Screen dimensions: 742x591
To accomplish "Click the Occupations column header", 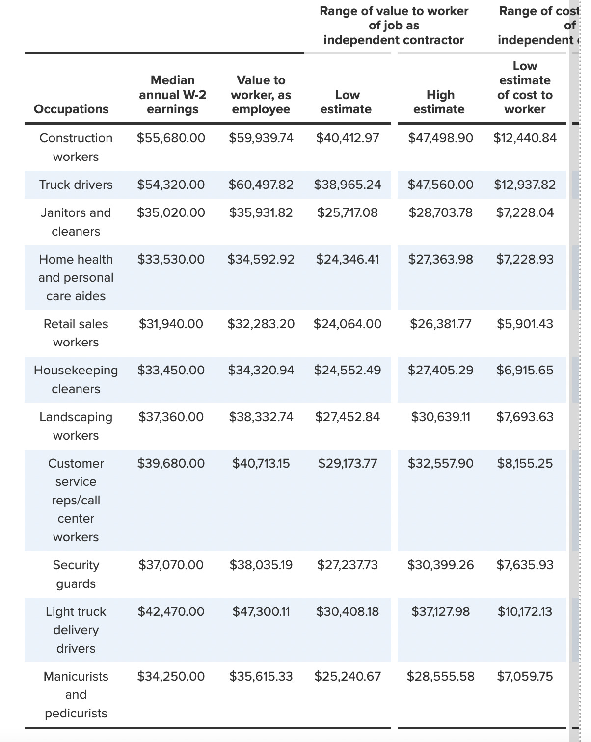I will click(71, 109).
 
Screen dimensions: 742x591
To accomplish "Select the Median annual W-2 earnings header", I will click(172, 95).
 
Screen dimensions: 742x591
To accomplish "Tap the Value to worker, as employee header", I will click(261, 95).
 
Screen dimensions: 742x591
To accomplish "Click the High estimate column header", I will click(439, 102).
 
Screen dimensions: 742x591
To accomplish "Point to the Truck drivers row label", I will click(76, 185).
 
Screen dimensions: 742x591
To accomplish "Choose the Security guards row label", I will click(76, 574).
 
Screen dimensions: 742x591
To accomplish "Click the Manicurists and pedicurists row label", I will click(76, 694).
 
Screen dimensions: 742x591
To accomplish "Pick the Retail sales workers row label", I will click(76, 333).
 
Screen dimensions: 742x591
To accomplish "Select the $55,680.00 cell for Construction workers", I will click(171, 138).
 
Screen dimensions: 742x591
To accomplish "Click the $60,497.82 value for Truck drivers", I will click(261, 185).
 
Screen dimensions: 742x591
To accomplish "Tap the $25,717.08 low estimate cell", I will click(348, 213).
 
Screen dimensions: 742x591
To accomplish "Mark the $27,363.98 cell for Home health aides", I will click(440, 259).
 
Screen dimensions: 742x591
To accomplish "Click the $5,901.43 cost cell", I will click(525, 324).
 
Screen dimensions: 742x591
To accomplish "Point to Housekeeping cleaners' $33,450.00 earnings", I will click(171, 371).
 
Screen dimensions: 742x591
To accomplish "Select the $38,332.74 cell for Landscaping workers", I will click(261, 417).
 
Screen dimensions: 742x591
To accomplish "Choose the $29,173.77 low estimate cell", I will click(348, 464).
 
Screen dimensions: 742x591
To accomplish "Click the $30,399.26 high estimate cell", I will click(440, 565).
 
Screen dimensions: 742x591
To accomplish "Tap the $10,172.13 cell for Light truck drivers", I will click(525, 612).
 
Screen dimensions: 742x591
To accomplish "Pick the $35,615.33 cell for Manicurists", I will click(261, 677).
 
